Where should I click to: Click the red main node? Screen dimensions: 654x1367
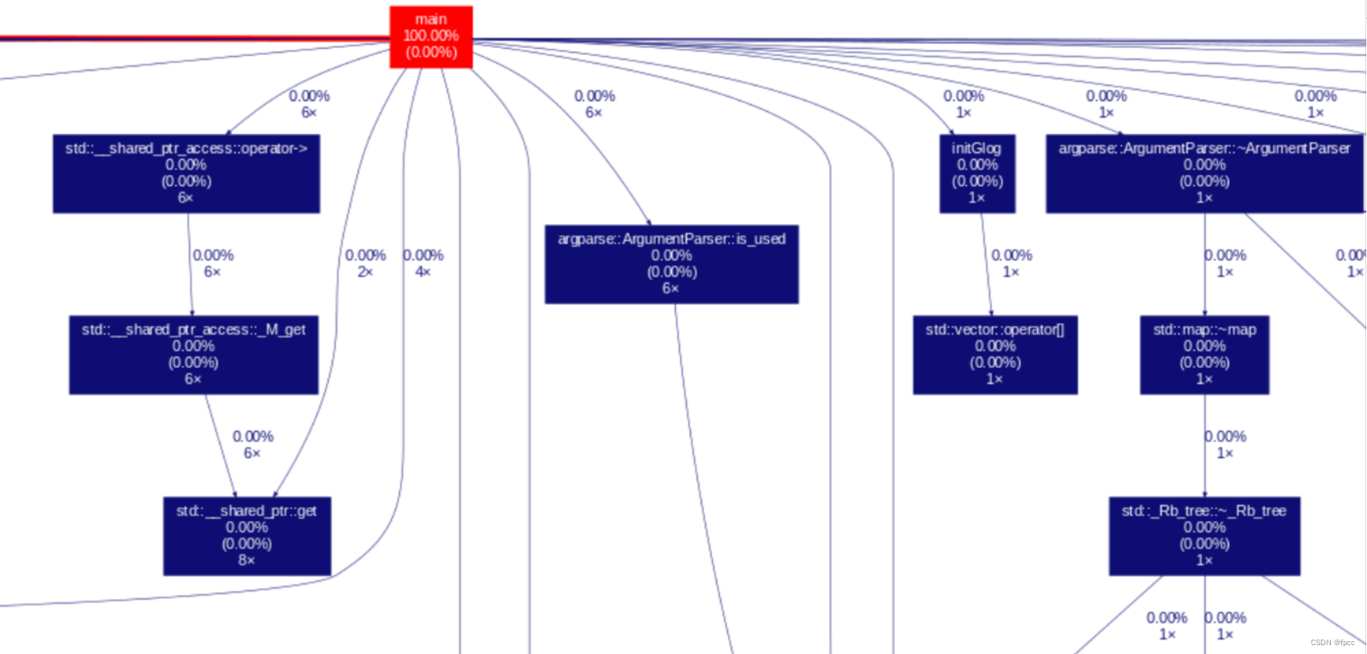point(431,37)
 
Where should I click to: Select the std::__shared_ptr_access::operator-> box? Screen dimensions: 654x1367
point(186,173)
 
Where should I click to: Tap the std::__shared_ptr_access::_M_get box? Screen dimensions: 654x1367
point(193,355)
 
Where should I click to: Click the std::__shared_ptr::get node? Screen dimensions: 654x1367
point(246,536)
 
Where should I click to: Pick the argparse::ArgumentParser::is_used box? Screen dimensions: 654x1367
point(671,264)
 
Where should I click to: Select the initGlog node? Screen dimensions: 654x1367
point(977,173)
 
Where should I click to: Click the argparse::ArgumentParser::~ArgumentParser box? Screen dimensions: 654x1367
point(1204,173)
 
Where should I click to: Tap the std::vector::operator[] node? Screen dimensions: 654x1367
point(995,355)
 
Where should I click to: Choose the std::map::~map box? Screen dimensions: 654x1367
point(1204,355)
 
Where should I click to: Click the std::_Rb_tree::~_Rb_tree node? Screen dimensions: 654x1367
point(1204,536)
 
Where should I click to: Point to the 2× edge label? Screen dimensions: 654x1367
point(365,272)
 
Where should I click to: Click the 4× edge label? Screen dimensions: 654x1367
point(423,272)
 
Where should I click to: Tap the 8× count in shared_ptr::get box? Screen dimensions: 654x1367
point(246,560)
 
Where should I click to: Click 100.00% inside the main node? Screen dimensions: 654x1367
point(431,35)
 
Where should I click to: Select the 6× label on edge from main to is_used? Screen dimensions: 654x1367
point(593,113)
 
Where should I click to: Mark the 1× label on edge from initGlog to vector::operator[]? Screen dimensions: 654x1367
point(1011,272)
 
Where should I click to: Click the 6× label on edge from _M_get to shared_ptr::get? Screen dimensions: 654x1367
point(252,453)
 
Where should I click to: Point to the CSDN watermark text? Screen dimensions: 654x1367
point(1332,643)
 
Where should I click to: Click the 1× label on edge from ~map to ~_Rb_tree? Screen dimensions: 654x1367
point(1225,453)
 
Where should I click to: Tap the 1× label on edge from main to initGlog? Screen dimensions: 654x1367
point(963,113)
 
